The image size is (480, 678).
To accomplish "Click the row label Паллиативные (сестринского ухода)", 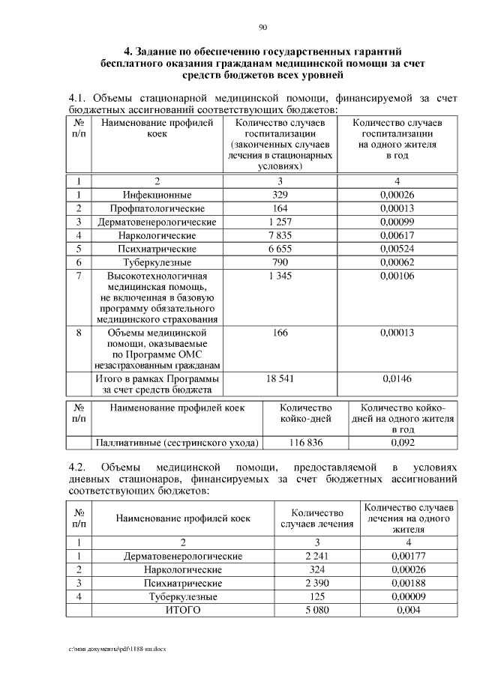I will [176, 443].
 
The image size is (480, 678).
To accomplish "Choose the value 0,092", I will [403, 443].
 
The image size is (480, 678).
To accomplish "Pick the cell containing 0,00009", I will [408, 597].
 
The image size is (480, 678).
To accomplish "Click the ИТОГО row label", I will [182, 611].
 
